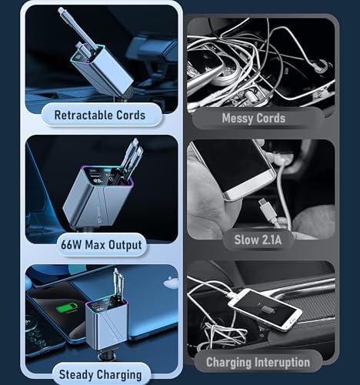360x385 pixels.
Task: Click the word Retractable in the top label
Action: coord(85,115)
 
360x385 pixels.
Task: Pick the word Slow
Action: coord(247,239)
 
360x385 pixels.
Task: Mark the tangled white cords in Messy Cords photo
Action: coord(254,54)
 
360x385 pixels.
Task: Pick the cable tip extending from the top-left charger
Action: coord(62,12)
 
